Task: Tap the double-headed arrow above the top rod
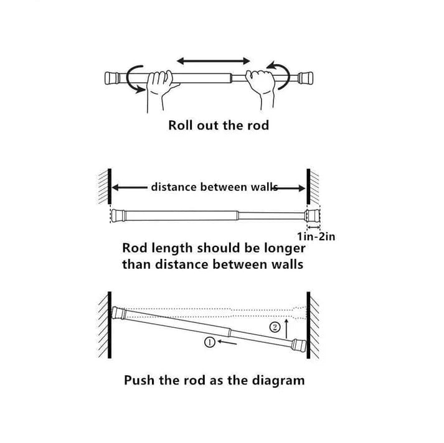[x=213, y=61]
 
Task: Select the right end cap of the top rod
[x=305, y=78]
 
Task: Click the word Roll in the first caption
[x=181, y=125]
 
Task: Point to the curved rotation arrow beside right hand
[x=280, y=74]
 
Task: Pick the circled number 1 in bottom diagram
[x=210, y=342]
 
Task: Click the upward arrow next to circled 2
[x=286, y=325]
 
